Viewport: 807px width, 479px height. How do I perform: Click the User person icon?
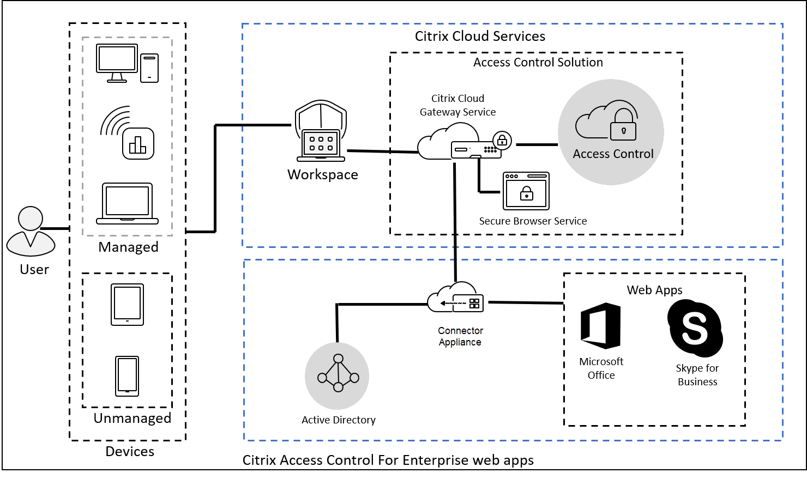(31, 231)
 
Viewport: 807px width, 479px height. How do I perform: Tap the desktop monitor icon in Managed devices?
(117, 63)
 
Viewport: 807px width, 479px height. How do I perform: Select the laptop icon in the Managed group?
(127, 204)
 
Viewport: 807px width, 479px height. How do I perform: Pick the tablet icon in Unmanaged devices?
(127, 305)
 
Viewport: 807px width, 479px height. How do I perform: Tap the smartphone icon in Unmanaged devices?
(127, 376)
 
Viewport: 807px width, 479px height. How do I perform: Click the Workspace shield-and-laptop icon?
(321, 131)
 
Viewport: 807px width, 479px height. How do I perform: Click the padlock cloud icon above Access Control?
(607, 120)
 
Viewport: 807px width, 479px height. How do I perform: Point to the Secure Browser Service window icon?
(526, 191)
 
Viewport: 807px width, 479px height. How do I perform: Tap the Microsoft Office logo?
(601, 326)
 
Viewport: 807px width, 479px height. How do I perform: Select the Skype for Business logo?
(695, 328)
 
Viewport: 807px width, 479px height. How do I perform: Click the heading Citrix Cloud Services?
(480, 37)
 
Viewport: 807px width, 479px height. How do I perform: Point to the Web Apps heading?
(654, 290)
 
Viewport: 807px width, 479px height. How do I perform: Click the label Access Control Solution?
(538, 63)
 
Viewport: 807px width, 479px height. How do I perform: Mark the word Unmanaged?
(133, 418)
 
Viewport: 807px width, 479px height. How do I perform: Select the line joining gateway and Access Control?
(537, 145)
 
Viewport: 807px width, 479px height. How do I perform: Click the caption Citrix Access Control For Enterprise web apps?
(388, 460)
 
